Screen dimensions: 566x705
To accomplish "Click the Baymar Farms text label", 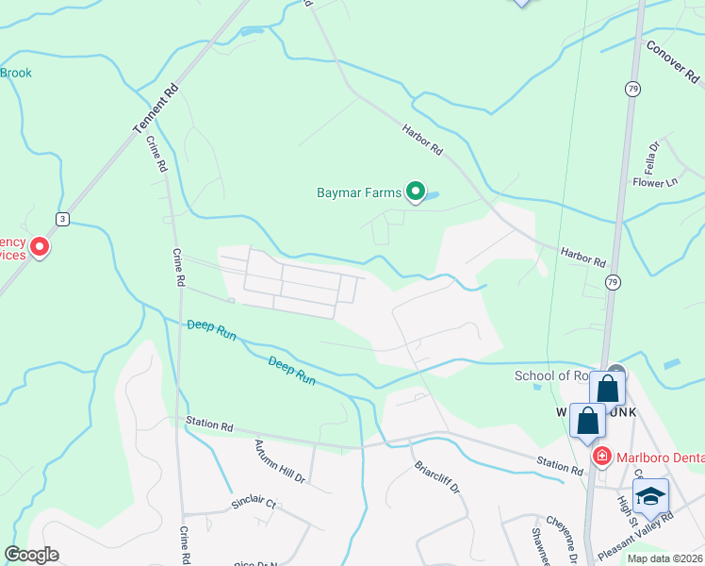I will click(x=358, y=193).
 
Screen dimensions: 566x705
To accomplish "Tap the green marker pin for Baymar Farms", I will click(x=415, y=192).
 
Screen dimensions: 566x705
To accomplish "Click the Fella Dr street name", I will click(x=651, y=151).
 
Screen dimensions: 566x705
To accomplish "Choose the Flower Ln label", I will click(x=655, y=182).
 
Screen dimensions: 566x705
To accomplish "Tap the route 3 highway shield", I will click(x=62, y=219).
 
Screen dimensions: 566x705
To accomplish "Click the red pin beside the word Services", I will click(x=39, y=247).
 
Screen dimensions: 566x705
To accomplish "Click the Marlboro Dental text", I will click(x=660, y=458).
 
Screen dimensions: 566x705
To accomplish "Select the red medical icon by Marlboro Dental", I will click(x=601, y=457).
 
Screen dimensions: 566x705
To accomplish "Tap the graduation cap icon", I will click(x=650, y=496).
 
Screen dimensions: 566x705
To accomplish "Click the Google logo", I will click(x=31, y=555).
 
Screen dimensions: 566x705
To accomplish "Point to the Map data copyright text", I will click(x=665, y=558).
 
